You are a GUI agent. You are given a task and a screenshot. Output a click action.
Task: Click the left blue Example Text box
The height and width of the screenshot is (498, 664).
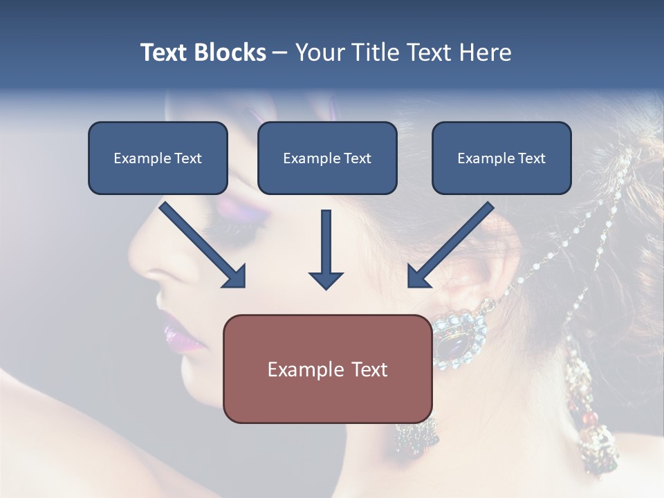(158, 158)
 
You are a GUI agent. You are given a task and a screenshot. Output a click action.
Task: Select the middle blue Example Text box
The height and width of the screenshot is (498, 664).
(327, 158)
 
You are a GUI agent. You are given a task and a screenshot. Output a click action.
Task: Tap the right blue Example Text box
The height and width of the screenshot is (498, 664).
(501, 158)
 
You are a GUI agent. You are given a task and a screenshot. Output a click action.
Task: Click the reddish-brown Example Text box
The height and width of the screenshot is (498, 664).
(328, 369)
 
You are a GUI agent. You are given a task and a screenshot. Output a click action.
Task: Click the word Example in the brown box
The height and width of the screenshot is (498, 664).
(303, 369)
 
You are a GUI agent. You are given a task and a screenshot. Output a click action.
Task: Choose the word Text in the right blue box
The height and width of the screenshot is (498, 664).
(531, 158)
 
